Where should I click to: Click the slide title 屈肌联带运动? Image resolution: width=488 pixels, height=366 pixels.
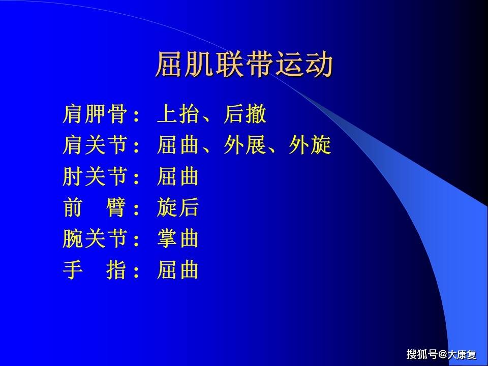(x=243, y=65)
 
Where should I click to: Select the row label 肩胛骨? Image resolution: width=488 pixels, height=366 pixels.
(x=95, y=114)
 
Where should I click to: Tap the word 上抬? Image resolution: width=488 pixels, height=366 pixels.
(x=178, y=114)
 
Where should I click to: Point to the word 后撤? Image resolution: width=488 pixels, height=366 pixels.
(x=245, y=114)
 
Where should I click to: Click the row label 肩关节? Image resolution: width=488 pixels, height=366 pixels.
(x=95, y=146)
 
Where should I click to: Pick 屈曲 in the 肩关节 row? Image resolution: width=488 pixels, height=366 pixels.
(x=178, y=146)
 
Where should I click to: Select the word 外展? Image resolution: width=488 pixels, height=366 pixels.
(x=245, y=146)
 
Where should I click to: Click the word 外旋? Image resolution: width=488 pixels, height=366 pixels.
(x=310, y=146)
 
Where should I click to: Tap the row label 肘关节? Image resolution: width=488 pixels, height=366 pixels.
(x=95, y=177)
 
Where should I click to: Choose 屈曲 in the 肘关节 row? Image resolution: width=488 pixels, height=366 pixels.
(x=178, y=177)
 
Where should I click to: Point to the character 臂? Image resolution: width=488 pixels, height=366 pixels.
(x=116, y=208)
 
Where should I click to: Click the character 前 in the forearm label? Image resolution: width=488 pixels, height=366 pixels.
(x=73, y=208)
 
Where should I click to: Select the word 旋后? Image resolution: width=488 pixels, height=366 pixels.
(x=178, y=208)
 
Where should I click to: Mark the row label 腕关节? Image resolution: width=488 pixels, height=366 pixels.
(x=95, y=239)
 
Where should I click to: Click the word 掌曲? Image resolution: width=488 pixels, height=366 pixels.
(x=178, y=239)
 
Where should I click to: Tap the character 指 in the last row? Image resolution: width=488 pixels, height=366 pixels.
(x=116, y=270)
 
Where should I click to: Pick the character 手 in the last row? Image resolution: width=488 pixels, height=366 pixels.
(x=73, y=270)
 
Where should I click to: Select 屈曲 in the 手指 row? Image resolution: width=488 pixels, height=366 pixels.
(x=178, y=270)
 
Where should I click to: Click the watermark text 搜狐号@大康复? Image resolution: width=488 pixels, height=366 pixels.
(x=441, y=354)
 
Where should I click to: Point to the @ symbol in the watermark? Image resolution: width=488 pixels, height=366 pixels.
(x=442, y=354)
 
